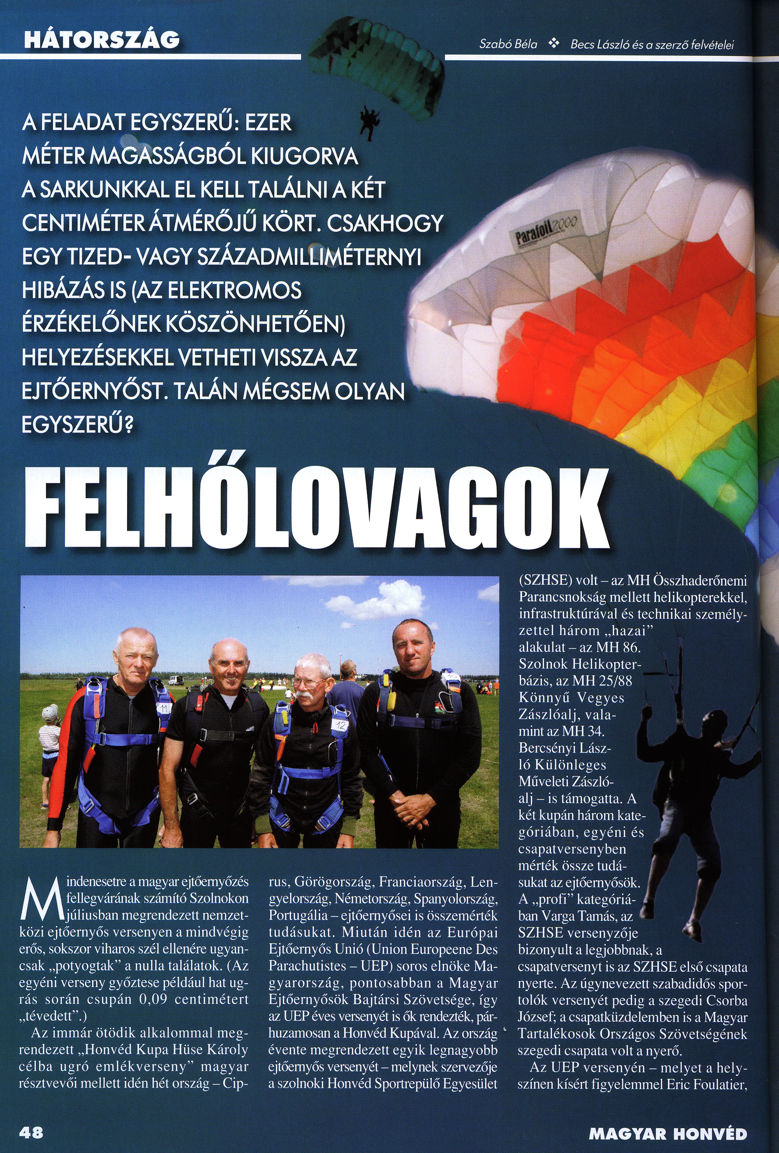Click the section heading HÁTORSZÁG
tap(101, 39)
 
